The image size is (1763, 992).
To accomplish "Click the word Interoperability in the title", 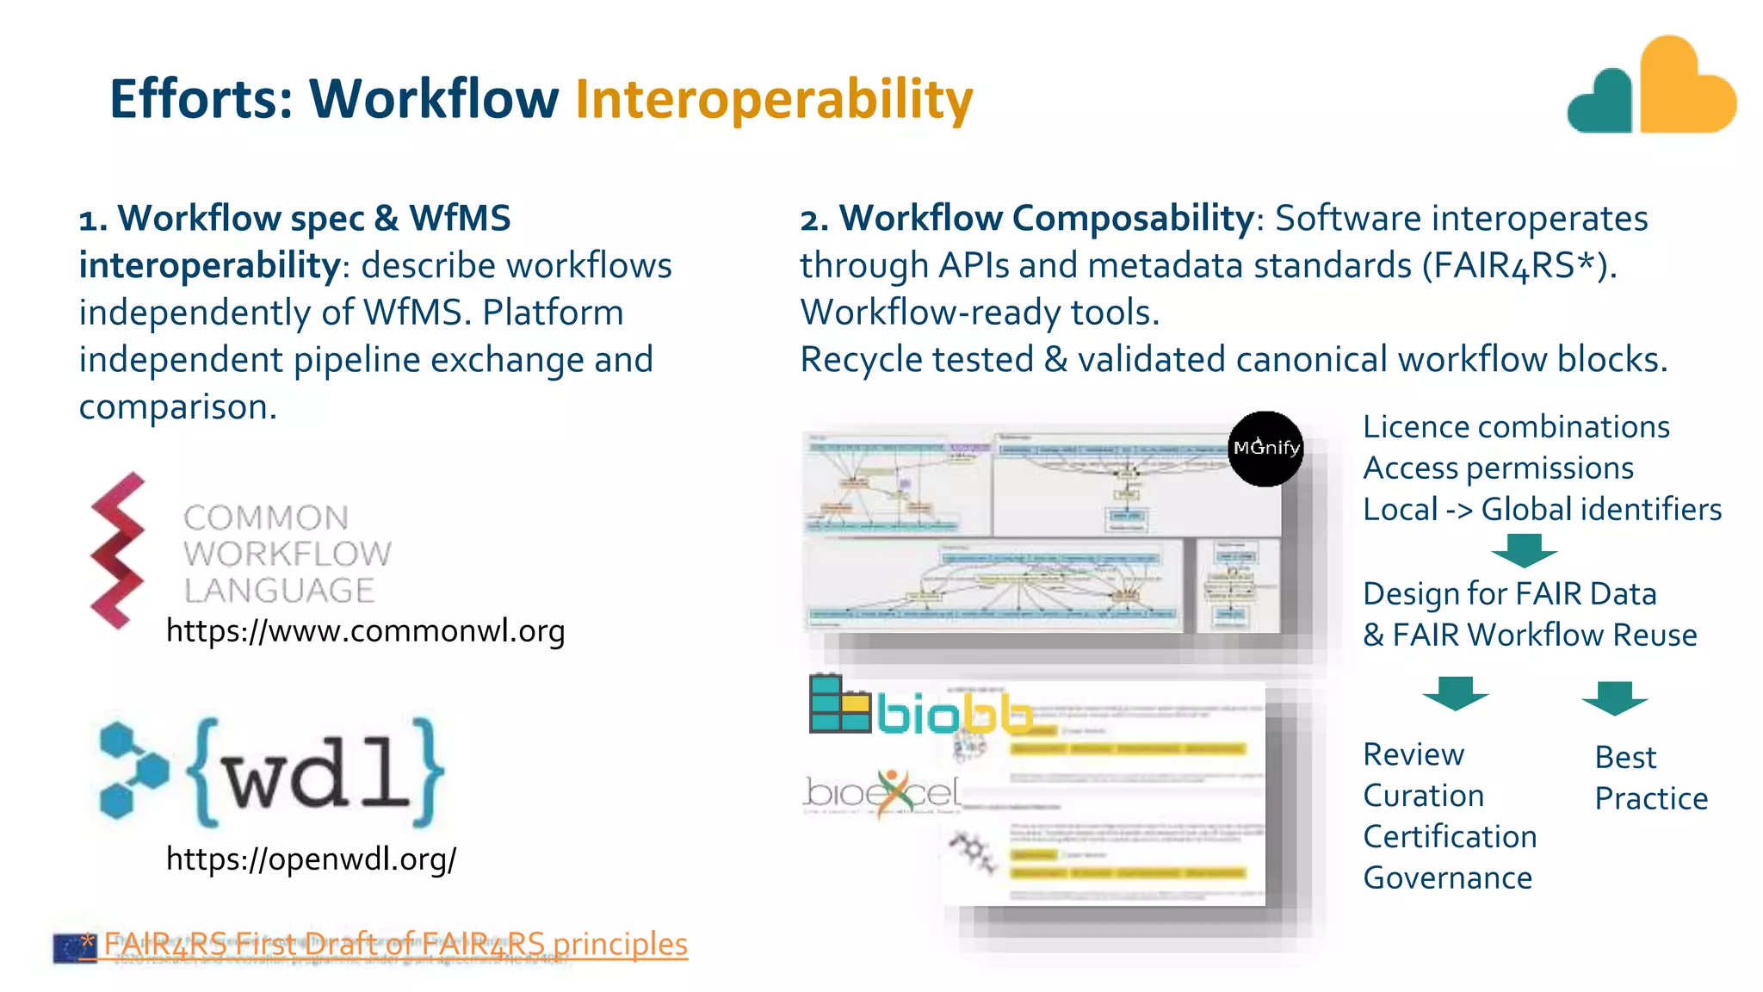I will click(x=773, y=99).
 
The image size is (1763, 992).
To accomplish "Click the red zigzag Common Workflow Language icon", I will click(x=117, y=551).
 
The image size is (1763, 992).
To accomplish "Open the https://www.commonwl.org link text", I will click(x=365, y=631).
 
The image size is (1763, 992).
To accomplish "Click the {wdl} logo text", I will click(x=315, y=773).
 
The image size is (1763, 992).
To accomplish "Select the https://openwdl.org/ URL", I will click(x=311, y=859).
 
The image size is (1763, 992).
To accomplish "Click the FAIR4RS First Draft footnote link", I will click(x=395, y=944).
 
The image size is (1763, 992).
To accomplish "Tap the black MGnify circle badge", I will click(x=1265, y=449).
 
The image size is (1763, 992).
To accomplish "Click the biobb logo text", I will click(x=954, y=714).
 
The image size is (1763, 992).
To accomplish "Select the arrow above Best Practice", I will click(x=1614, y=697).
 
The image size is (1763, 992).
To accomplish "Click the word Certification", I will click(x=1450, y=837).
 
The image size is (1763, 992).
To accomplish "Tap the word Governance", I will click(x=1447, y=878).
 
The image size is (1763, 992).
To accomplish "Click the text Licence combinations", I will click(x=1516, y=427).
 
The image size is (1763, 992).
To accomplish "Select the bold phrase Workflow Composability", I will click(x=1046, y=218).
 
